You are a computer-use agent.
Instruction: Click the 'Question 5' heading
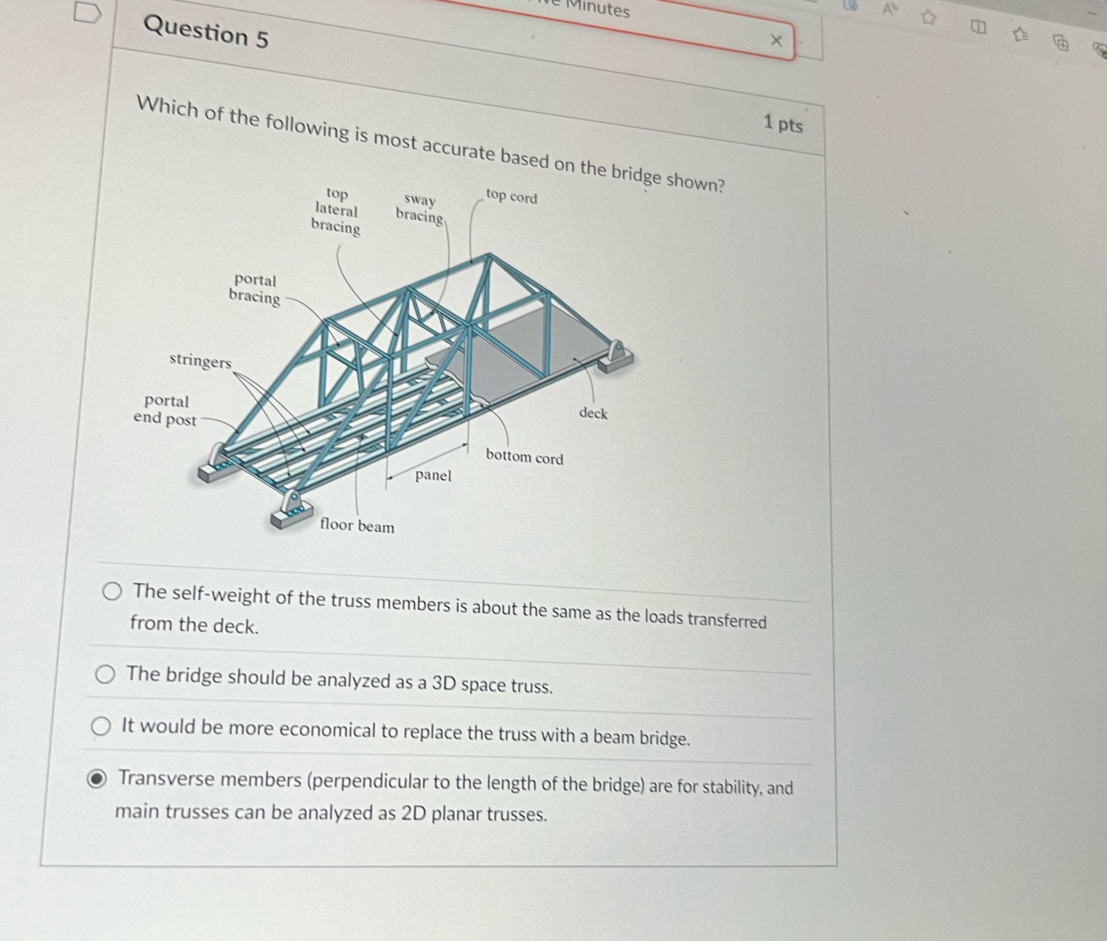(x=206, y=32)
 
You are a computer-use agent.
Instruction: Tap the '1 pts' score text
(x=782, y=124)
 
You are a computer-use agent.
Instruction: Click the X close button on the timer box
(x=776, y=40)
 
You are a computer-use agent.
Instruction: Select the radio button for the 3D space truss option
(x=105, y=674)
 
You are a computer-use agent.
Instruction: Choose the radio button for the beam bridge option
(x=101, y=726)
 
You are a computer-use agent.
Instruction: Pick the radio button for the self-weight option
(x=112, y=591)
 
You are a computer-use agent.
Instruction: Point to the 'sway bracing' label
(x=420, y=208)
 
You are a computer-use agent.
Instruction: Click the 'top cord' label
(x=511, y=196)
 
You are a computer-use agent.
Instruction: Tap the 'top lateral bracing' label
(x=336, y=211)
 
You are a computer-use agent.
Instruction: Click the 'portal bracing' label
(x=254, y=288)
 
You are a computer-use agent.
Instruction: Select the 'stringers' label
(x=200, y=361)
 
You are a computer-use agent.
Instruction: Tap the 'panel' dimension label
(x=433, y=475)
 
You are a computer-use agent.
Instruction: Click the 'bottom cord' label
(x=524, y=457)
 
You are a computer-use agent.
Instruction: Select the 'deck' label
(x=593, y=413)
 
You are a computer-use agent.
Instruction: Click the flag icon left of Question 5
(x=87, y=12)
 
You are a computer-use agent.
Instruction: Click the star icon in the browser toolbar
(x=928, y=18)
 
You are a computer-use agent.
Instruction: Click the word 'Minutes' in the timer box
(x=598, y=8)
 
